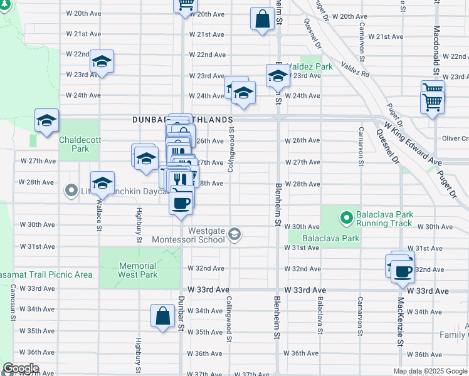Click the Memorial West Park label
[x=137, y=270]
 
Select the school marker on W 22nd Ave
[x=102, y=61]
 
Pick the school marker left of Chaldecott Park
[x=46, y=120]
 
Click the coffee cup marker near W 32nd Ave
[x=403, y=270]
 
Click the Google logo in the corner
[x=21, y=368]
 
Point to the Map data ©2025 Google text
[x=430, y=371]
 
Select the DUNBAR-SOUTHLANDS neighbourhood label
[x=182, y=119]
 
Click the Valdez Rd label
[x=356, y=69]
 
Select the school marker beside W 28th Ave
[x=102, y=183]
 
